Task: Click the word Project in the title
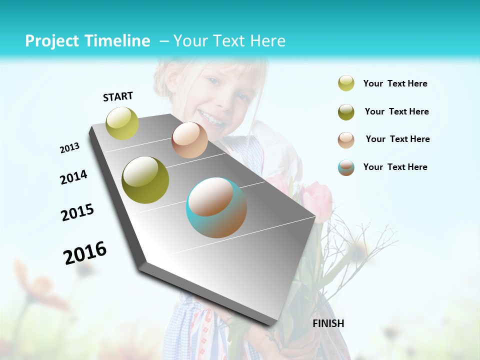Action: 49,41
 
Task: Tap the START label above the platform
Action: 118,96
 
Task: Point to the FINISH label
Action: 328,323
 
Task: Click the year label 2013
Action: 70,148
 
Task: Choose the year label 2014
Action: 74,177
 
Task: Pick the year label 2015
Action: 77,212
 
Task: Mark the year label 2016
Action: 85,252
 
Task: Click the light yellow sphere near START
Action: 122,123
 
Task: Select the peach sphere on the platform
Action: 189,140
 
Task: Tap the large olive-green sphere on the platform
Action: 145,180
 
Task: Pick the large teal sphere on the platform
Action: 216,207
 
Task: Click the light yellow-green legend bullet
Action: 346,83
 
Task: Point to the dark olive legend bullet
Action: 346,112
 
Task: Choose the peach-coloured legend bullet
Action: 346,140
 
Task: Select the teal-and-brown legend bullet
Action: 346,167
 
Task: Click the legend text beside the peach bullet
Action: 397,139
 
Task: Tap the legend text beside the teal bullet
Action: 395,167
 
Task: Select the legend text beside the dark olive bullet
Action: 396,111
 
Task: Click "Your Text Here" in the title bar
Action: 229,41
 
